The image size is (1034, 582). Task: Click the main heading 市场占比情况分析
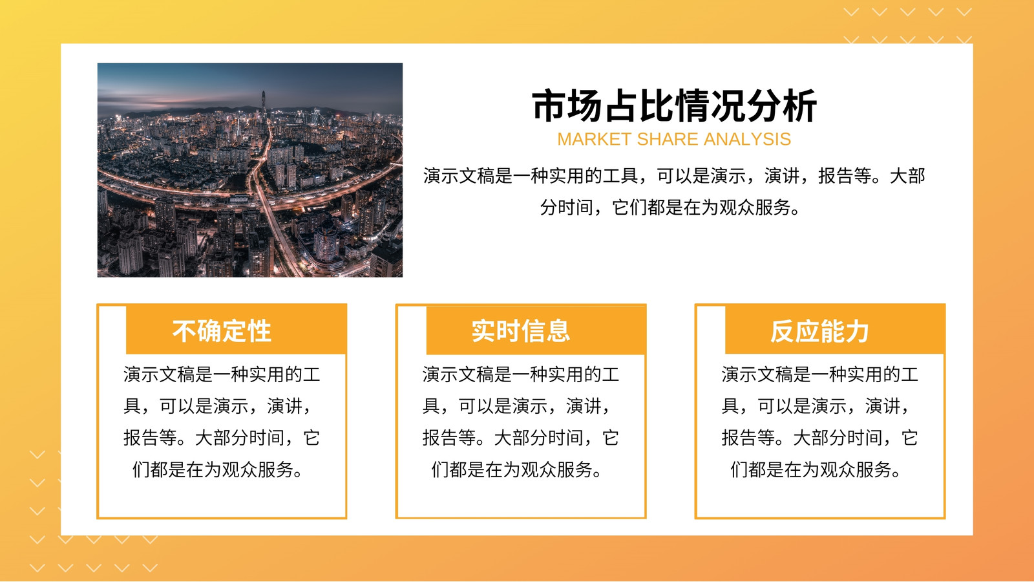point(674,106)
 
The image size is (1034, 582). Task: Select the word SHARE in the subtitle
point(668,139)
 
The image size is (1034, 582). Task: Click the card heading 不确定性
point(222,330)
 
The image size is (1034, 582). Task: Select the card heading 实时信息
point(521,330)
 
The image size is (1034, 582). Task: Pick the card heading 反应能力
point(820,330)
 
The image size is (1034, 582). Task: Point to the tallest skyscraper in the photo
point(264,109)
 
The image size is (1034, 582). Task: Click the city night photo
point(249,170)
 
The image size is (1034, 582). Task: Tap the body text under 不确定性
point(222,422)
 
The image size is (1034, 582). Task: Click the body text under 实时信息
point(521,422)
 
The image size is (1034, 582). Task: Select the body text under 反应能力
point(820,422)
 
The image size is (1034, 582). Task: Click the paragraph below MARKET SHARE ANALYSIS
point(674,191)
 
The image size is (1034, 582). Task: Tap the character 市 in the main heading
point(549,106)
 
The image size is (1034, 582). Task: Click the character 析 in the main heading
point(799,106)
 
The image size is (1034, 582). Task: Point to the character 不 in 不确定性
point(185,330)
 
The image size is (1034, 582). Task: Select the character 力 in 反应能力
point(857,330)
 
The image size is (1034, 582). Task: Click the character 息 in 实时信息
point(558,330)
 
